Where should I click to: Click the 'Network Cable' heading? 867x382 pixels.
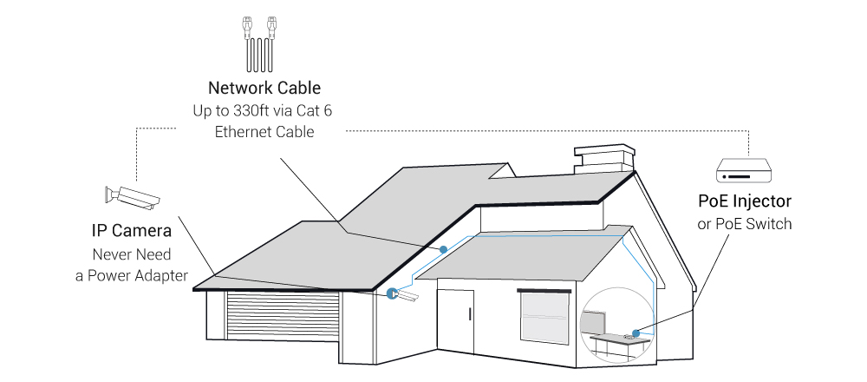click(264, 88)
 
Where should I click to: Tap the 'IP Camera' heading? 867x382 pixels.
click(132, 230)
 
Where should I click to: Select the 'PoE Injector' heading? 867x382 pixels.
click(745, 201)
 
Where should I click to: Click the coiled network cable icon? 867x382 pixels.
click(259, 44)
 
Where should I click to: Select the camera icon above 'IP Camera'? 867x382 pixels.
click(132, 196)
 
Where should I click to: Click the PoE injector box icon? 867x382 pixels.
click(743, 169)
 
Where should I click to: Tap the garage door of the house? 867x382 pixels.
click(283, 318)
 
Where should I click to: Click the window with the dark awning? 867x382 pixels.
click(544, 317)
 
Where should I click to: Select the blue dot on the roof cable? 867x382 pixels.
click(443, 250)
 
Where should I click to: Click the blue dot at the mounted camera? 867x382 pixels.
click(392, 293)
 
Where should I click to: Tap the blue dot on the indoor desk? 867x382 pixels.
click(636, 333)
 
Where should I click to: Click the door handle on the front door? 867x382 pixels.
click(469, 314)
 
